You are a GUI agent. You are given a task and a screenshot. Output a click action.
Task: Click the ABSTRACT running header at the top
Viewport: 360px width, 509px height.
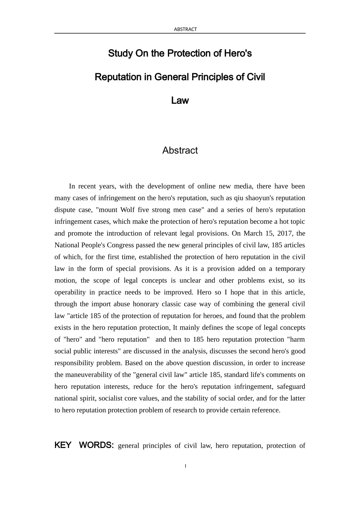coord(185,29)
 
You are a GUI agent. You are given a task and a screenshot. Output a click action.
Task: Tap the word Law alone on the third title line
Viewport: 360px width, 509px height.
coord(180,101)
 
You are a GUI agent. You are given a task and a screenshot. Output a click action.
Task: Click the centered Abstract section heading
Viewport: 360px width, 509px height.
coord(180,150)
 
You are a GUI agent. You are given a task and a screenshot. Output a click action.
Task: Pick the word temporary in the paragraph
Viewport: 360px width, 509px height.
coord(290,269)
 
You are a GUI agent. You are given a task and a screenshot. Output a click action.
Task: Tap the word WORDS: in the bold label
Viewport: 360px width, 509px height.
coord(96,445)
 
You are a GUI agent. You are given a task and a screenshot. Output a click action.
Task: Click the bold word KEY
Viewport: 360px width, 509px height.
coord(63,445)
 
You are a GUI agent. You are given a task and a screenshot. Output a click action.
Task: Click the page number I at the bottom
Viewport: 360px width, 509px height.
coord(185,466)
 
